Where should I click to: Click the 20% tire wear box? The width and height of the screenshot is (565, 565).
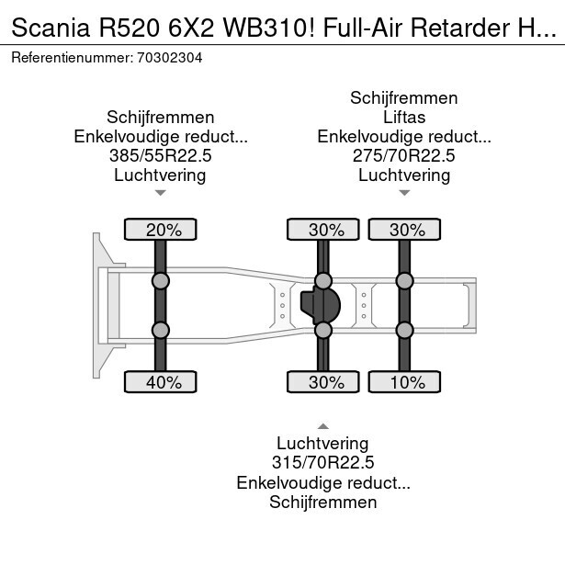pos(161,230)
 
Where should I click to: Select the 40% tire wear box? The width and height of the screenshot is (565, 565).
pos(161,382)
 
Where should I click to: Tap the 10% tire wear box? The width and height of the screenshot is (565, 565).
pos(404,382)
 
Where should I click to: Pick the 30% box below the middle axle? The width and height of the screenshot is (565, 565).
pos(323,382)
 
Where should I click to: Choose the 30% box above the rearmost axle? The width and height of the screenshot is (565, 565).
pos(404,230)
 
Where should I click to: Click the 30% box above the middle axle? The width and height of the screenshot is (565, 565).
pos(323,230)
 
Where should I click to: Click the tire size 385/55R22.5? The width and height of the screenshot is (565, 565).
pos(161,156)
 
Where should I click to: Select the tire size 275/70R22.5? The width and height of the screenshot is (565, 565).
pos(404,156)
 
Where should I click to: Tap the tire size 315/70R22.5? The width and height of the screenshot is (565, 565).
pos(322,463)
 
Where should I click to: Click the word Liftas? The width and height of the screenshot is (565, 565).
pos(404,118)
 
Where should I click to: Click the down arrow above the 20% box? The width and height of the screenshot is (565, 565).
pos(161,193)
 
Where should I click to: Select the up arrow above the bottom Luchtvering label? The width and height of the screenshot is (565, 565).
pos(322,426)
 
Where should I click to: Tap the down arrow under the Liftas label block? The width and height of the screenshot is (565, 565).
pos(404,193)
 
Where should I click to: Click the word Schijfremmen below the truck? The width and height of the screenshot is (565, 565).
pos(322,502)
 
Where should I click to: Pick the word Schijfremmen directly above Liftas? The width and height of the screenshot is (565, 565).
pos(404,98)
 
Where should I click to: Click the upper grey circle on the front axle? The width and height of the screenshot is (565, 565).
pos(161,280)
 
